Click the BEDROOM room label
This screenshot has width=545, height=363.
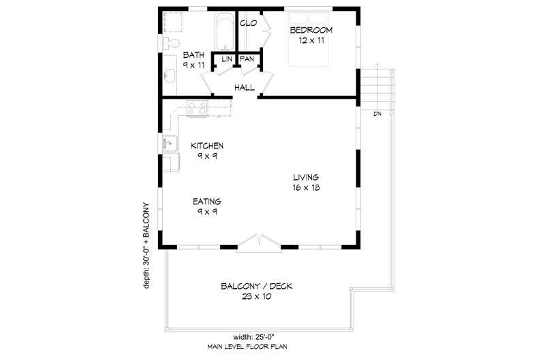[311, 31]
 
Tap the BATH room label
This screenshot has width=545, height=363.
[193, 55]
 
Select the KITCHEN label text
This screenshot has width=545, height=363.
[207, 146]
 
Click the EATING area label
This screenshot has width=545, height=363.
[205, 202]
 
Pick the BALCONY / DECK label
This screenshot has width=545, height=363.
[256, 286]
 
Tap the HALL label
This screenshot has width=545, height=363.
[244, 88]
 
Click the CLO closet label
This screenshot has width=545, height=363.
[248, 23]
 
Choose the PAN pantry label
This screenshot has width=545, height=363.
[246, 60]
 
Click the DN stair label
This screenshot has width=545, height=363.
[377, 114]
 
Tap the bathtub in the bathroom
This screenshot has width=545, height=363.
[222, 31]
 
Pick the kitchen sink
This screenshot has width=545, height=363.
[170, 144]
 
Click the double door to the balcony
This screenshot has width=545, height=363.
[258, 242]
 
